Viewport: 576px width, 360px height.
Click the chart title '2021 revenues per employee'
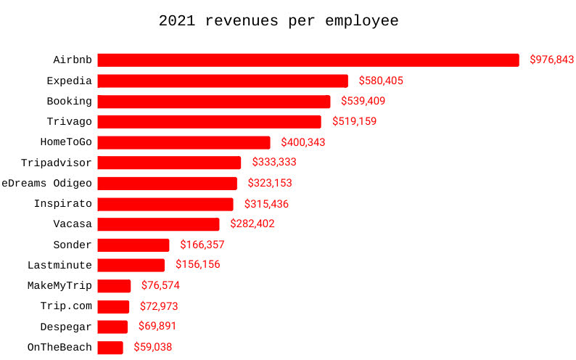click(279, 21)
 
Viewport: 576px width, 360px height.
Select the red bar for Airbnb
click(308, 60)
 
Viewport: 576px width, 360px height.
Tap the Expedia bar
click(222, 81)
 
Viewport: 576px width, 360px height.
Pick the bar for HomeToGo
click(184, 142)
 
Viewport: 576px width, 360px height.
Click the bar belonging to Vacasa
click(158, 224)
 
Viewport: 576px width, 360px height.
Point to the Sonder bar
click(133, 245)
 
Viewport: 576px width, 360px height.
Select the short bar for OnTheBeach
click(110, 348)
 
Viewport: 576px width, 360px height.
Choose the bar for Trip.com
click(113, 306)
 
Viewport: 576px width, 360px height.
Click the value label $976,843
click(551, 60)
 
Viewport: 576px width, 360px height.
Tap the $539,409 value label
click(363, 101)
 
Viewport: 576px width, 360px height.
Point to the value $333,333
click(274, 163)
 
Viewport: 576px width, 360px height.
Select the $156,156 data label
click(197, 265)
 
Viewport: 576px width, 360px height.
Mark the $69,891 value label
click(157, 327)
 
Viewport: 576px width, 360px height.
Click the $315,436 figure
click(266, 204)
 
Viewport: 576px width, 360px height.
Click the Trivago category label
click(69, 121)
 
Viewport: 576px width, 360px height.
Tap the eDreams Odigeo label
click(46, 183)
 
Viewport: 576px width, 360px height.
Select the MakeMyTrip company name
click(59, 285)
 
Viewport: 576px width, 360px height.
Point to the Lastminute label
click(59, 265)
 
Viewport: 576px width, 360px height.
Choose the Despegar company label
click(66, 327)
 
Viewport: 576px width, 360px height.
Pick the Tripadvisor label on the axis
click(57, 163)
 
